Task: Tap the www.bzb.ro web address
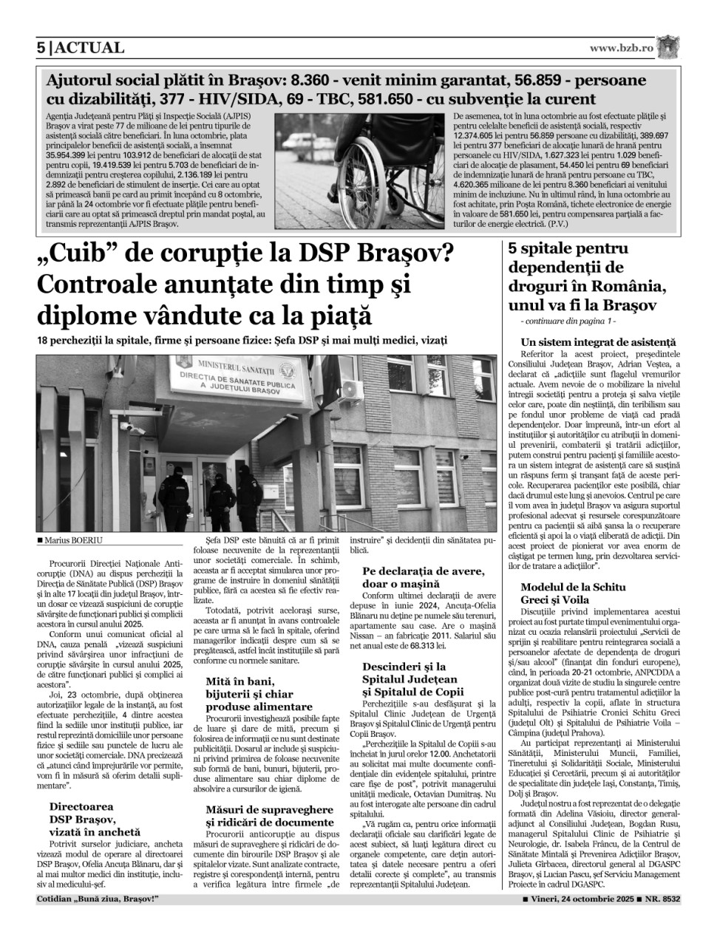click(622, 48)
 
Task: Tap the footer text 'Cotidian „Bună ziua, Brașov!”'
click(98, 899)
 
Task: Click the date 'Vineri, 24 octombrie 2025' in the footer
click(580, 899)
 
